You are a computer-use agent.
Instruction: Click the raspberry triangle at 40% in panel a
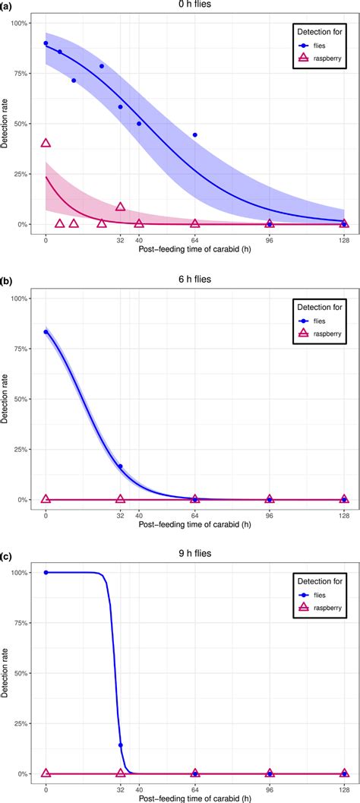tap(46, 143)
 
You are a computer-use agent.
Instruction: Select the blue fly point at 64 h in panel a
tap(195, 134)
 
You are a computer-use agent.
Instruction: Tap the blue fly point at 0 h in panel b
tap(46, 332)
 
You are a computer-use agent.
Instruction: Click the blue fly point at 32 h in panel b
tap(120, 466)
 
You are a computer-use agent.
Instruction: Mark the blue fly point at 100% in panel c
tap(46, 572)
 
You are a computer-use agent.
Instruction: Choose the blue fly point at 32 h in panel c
tap(120, 745)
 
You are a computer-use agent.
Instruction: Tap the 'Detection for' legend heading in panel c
tap(317, 583)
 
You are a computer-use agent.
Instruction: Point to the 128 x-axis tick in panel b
tap(344, 514)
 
